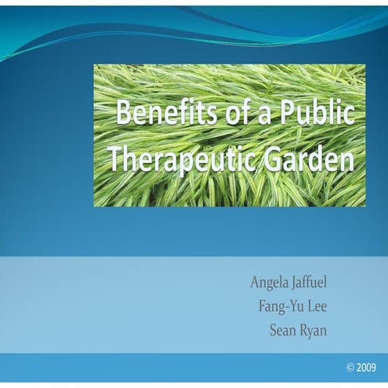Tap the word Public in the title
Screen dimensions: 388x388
[x=320, y=114]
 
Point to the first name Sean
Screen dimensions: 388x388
[x=285, y=330]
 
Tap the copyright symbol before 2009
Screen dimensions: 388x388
[x=350, y=368]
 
